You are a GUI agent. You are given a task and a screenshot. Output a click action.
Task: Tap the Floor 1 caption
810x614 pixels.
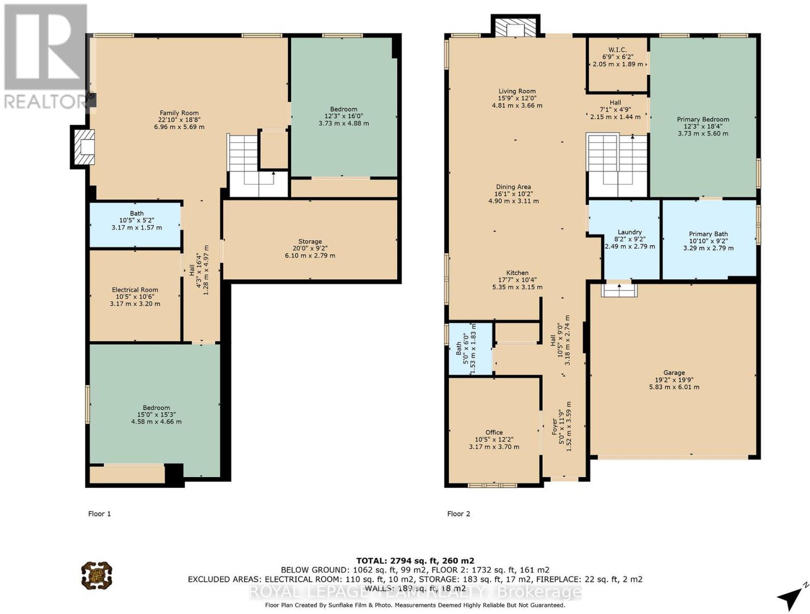tap(99, 514)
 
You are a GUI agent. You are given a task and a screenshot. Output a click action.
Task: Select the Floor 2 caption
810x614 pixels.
tap(459, 514)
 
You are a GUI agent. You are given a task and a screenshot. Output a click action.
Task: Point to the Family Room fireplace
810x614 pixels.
tap(83, 147)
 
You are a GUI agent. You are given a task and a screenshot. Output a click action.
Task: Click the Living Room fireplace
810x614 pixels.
tap(515, 26)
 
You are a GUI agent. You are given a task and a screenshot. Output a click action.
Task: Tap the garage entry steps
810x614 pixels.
tap(619, 290)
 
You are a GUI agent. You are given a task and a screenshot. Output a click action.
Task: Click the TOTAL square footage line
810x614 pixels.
tap(415, 560)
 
